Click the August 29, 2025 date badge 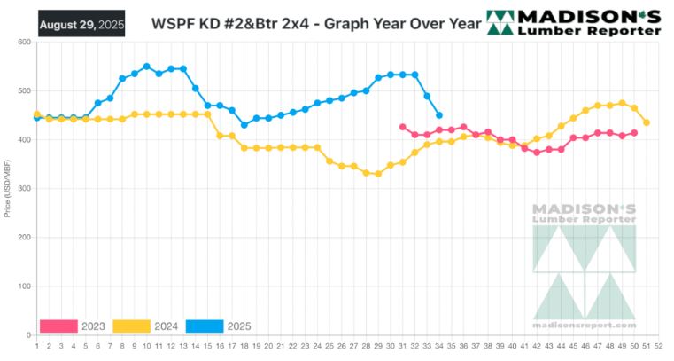point(81,22)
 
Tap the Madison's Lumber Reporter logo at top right point(575,23)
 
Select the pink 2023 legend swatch point(58,326)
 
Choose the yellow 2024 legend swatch point(130,326)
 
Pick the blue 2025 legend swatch point(203,326)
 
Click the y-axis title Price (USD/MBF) point(8,189)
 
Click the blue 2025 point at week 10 point(146,67)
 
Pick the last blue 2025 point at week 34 point(439,115)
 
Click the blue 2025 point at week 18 point(244,125)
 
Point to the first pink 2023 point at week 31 point(403,127)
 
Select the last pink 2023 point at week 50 point(634,133)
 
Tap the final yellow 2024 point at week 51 point(647,122)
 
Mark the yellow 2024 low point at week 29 point(378,174)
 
